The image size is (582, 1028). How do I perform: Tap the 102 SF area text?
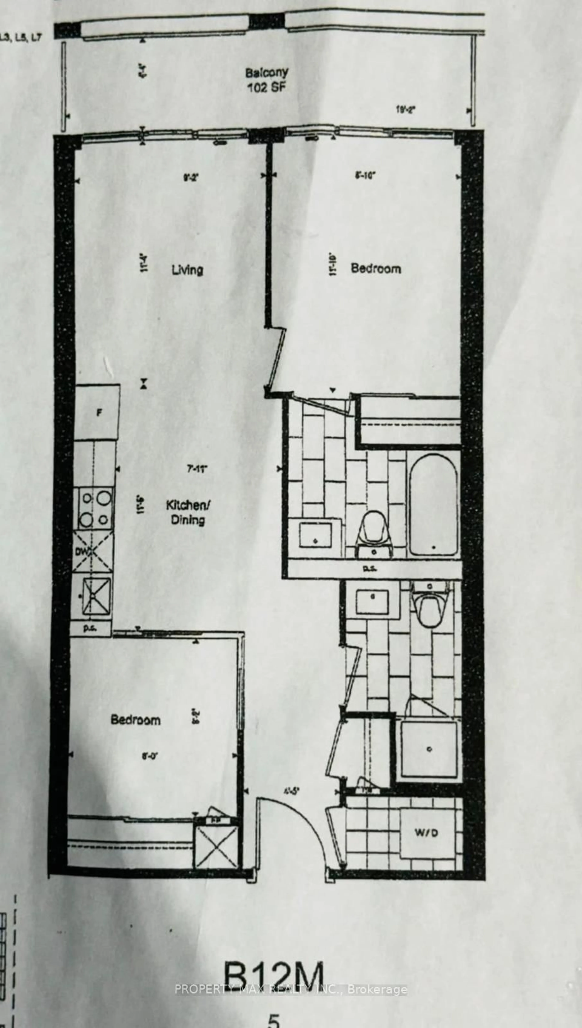pyautogui.click(x=267, y=87)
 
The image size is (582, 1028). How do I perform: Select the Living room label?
pyautogui.click(x=187, y=270)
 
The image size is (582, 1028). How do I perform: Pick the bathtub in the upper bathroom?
pyautogui.click(x=433, y=505)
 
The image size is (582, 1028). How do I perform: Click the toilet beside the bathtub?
pyautogui.click(x=375, y=532)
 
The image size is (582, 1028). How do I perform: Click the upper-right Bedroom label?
pyautogui.click(x=376, y=269)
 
